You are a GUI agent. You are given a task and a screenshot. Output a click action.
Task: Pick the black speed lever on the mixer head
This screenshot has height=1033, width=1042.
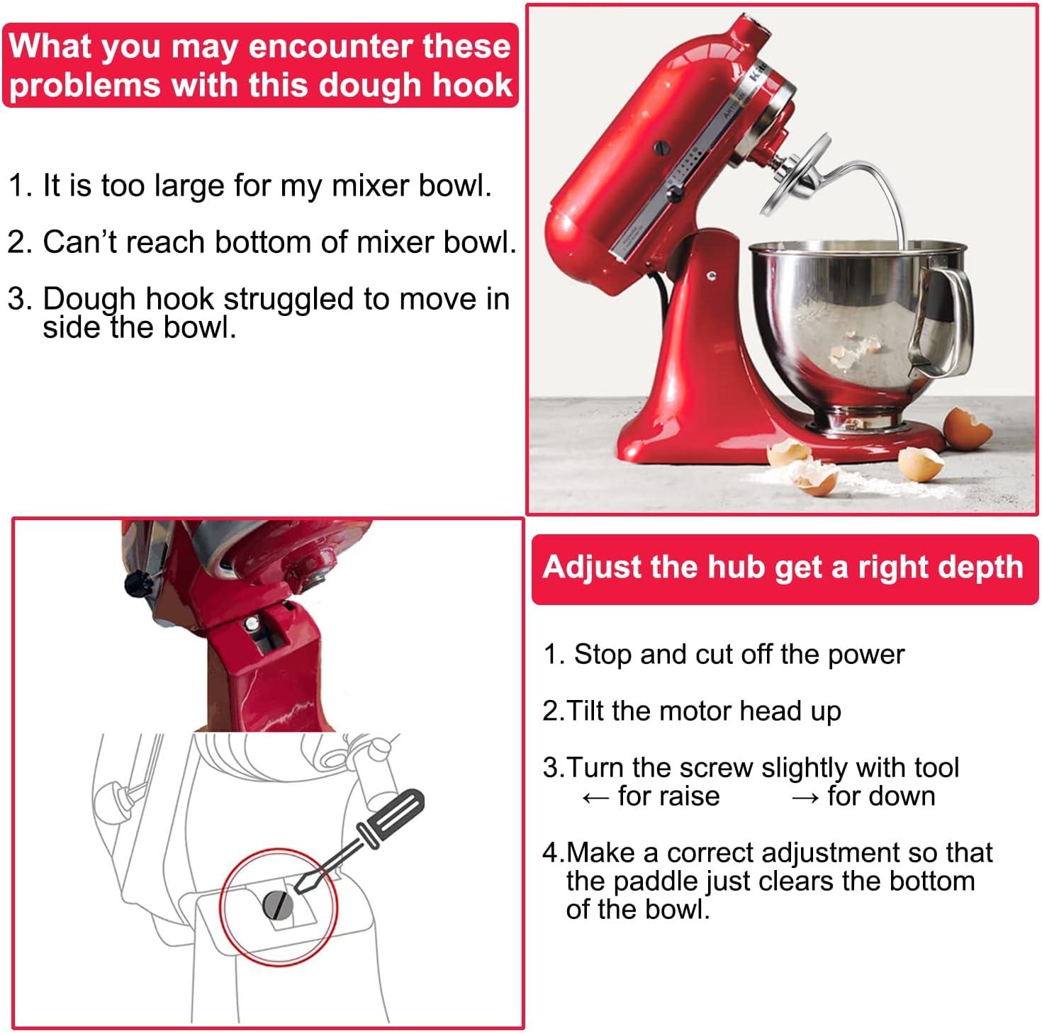tap(674, 192)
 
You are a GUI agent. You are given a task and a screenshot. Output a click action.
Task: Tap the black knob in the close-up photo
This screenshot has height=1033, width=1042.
tap(138, 585)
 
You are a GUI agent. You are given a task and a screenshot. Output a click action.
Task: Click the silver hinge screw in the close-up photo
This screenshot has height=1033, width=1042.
tap(252, 623)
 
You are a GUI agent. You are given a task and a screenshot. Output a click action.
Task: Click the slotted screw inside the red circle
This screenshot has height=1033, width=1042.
tap(277, 904)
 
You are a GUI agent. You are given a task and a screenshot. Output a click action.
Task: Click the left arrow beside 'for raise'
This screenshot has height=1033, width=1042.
tap(595, 798)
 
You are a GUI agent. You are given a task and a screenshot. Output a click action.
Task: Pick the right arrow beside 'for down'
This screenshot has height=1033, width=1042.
tap(805, 798)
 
